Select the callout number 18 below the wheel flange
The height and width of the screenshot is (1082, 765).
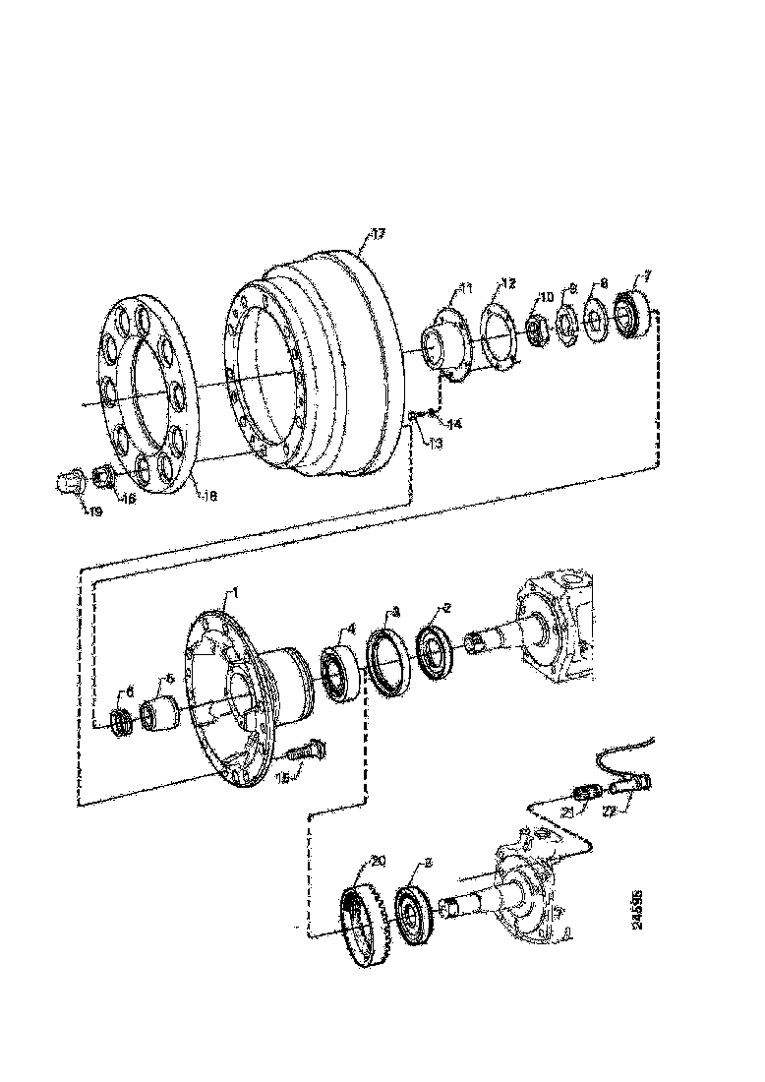[x=208, y=496]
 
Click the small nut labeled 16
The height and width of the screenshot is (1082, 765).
[x=102, y=479]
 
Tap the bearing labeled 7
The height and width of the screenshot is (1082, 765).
[x=628, y=312]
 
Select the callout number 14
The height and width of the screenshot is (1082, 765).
[x=454, y=424]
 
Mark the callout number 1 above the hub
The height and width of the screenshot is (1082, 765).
[x=234, y=595]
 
